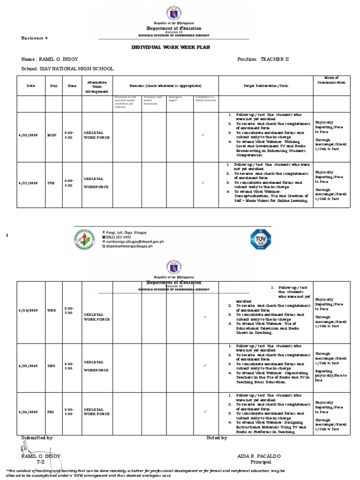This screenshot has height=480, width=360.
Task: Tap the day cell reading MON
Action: click(x=52, y=135)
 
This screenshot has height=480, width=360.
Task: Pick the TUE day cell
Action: click(x=52, y=183)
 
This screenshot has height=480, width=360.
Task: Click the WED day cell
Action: click(x=52, y=310)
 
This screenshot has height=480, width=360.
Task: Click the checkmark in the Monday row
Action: click(x=203, y=135)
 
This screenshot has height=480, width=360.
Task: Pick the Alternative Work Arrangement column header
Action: click(x=97, y=86)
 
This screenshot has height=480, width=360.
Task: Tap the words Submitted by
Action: click(x=37, y=437)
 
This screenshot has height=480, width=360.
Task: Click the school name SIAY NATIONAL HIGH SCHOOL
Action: click(x=67, y=68)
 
